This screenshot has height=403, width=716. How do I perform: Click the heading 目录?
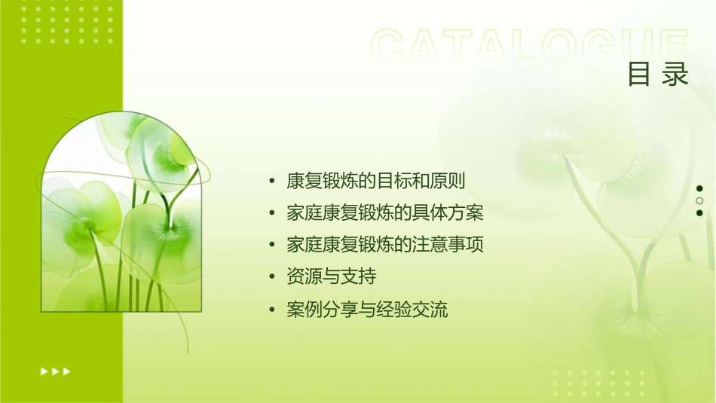[x=658, y=75]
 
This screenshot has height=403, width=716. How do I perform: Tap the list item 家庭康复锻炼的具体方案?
[x=384, y=213]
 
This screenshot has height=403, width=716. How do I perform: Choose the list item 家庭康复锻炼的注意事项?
[x=384, y=245]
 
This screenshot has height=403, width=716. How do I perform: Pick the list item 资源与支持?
[x=331, y=276]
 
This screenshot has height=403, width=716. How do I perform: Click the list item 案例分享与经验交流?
[x=367, y=309]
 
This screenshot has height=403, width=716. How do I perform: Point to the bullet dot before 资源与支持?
[x=272, y=277]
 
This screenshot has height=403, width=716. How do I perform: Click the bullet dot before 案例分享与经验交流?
[x=272, y=310]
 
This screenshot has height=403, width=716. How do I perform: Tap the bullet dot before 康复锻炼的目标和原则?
[x=272, y=182]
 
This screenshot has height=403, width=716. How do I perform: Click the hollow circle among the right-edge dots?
[x=699, y=201]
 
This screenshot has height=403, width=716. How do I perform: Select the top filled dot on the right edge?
[x=699, y=189]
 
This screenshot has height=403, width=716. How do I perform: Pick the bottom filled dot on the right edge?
[x=699, y=213]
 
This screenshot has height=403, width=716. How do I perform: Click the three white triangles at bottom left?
[x=55, y=371]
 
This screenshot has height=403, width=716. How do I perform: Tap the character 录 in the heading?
[x=676, y=75]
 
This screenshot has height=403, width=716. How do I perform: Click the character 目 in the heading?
[x=639, y=75]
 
